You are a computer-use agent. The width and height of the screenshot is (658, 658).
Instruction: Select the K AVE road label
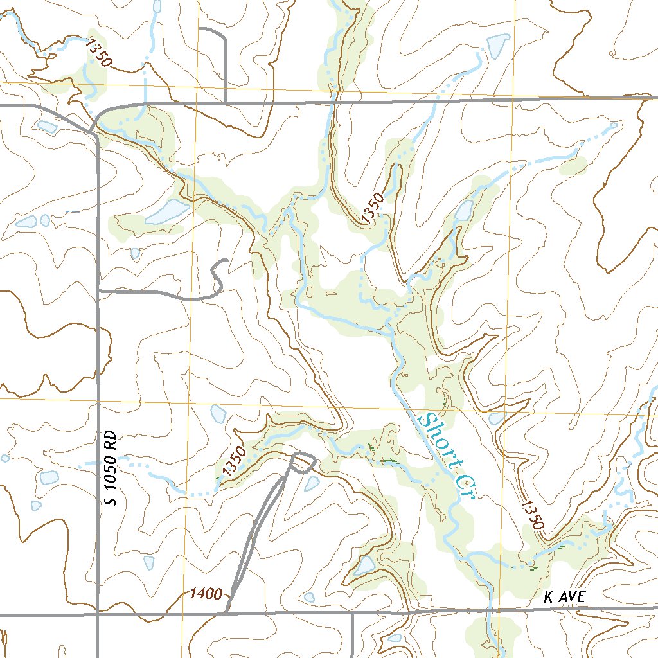click(x=564, y=597)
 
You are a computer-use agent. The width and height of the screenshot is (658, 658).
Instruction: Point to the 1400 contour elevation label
click(x=206, y=593)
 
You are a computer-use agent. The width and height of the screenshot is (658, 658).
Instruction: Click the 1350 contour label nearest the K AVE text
click(x=532, y=513)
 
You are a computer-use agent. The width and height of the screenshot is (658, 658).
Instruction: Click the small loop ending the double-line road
click(x=303, y=463)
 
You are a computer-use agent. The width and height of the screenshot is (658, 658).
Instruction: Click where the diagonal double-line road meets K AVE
click(x=227, y=612)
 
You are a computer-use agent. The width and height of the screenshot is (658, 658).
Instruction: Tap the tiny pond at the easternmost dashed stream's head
click(x=614, y=125)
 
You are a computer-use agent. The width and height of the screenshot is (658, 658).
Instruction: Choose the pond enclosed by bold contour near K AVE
click(x=364, y=565)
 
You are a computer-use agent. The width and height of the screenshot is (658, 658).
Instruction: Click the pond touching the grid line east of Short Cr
click(x=497, y=418)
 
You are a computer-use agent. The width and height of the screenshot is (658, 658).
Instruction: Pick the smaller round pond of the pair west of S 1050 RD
click(x=45, y=220)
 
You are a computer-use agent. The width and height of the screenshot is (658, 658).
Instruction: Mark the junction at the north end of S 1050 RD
click(x=94, y=132)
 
